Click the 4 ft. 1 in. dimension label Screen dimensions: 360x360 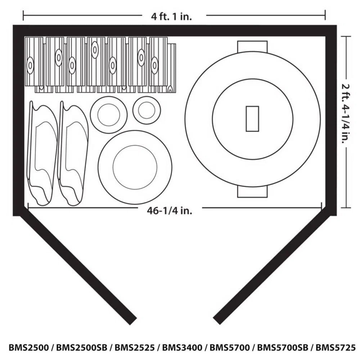tap(171, 16)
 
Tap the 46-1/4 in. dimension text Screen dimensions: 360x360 tap(170, 211)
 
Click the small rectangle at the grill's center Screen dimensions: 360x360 tap(252, 119)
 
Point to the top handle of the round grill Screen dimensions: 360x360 tap(252, 46)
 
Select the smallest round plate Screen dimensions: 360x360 tap(146, 110)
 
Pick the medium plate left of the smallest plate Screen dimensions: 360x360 tap(108, 114)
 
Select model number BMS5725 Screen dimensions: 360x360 tap(336, 348)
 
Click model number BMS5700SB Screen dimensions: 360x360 tap(283, 348)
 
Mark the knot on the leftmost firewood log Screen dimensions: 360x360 tap(30, 66)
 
